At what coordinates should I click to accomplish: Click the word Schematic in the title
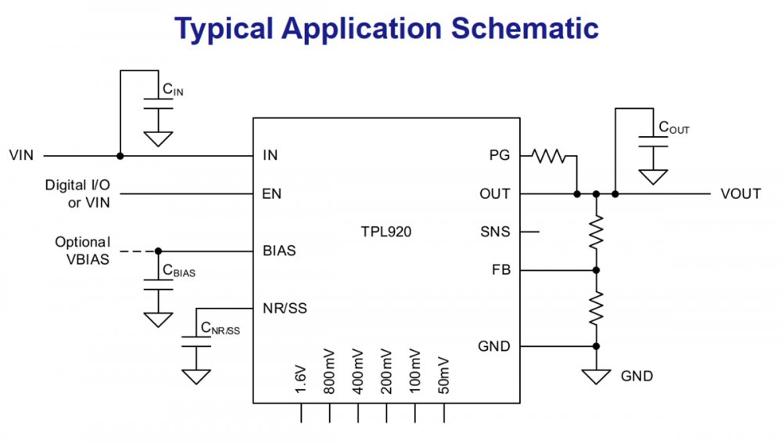point(524,29)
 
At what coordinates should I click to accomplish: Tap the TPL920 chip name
point(386,232)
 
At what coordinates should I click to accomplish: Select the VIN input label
point(21,155)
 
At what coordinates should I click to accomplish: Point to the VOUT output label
point(741,193)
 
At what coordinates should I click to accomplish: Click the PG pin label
point(499,155)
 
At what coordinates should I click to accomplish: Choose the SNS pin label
point(495,232)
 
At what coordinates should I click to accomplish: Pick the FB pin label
point(500,270)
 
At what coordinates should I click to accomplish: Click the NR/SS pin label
point(285,308)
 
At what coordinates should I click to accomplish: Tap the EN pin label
point(272,193)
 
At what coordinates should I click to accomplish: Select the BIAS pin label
point(279,251)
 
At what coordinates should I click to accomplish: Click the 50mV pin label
point(443,374)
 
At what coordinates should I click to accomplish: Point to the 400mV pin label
point(358,370)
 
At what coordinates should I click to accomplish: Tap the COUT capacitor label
point(674,128)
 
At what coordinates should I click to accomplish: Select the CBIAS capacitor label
point(178,271)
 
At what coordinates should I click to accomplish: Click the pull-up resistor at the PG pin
point(551,156)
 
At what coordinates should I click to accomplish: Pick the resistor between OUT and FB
point(596,232)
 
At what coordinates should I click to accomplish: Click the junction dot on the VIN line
point(120,156)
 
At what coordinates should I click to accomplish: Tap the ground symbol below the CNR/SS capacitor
point(195,376)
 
